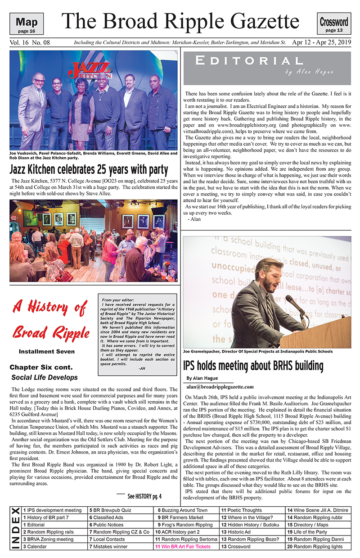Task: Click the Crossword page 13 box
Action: click(x=334, y=24)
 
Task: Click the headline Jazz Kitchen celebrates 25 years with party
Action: click(x=89, y=170)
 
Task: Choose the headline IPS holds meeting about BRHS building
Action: click(x=253, y=365)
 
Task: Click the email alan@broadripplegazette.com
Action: click(x=219, y=386)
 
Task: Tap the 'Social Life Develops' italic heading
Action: click(x=45, y=377)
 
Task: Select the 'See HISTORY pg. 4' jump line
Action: click(x=144, y=496)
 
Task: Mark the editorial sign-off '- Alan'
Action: click(x=193, y=219)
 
